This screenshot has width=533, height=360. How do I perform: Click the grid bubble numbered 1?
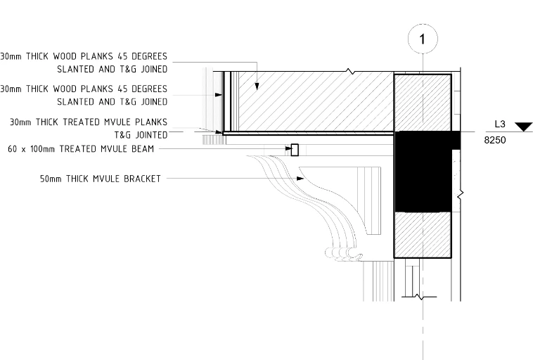point(423,39)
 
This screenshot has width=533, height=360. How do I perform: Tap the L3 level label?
point(500,124)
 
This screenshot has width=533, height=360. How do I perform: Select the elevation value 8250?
point(495,140)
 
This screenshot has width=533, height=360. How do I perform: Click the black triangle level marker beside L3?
point(523,127)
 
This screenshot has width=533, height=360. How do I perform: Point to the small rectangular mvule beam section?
point(295,150)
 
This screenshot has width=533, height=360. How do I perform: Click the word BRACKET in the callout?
point(142,179)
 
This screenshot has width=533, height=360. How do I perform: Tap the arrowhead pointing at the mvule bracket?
point(300,178)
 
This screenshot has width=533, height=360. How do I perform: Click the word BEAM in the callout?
point(143,149)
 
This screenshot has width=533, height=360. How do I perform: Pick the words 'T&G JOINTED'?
point(141,135)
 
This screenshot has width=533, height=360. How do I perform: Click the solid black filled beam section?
point(423,172)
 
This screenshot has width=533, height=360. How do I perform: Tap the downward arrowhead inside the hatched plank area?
point(257,86)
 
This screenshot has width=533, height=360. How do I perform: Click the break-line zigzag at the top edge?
point(350,72)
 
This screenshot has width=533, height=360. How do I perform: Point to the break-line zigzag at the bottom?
point(420,297)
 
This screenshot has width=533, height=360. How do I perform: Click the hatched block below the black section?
point(423,235)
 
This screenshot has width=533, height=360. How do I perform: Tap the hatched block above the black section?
point(423,103)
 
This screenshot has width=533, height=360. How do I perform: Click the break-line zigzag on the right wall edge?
point(461,195)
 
